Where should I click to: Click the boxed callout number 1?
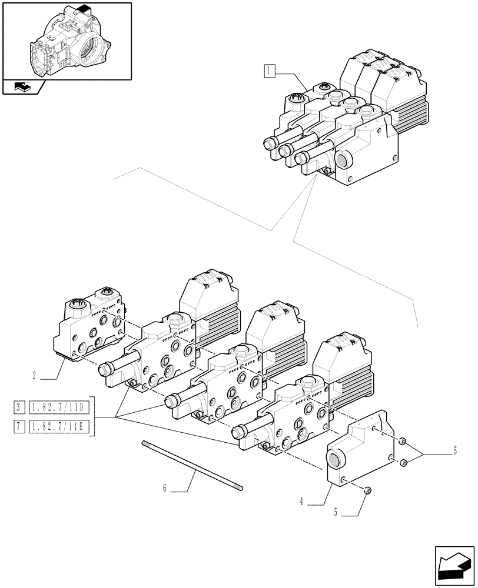click(268, 72)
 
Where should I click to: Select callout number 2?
click(36, 374)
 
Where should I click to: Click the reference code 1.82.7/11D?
click(59, 406)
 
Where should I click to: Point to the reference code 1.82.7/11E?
click(59, 426)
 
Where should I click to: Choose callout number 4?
click(301, 502)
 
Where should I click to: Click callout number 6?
click(165, 487)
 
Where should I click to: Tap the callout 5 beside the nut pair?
click(454, 452)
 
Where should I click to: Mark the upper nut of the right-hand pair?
click(403, 442)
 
